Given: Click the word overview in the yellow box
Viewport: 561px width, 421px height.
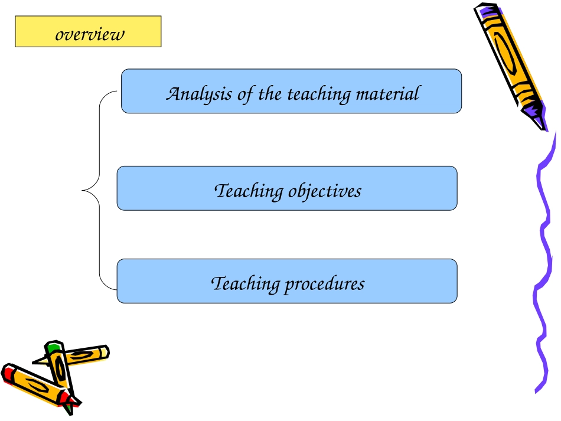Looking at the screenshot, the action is tap(89, 34).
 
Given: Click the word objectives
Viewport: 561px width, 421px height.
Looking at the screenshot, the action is tap(325, 191).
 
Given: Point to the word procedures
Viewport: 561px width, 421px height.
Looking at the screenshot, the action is tap(325, 285).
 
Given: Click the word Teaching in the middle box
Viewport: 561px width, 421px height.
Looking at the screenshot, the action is tap(248, 191).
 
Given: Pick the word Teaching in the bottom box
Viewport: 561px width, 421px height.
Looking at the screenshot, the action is tap(245, 285).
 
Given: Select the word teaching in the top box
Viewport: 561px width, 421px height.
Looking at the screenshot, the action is tap(319, 94).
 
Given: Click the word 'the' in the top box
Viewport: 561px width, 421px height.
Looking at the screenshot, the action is tap(270, 94).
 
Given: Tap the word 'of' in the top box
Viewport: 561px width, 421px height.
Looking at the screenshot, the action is tap(245, 94).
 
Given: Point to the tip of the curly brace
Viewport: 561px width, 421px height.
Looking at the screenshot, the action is tap(82, 190).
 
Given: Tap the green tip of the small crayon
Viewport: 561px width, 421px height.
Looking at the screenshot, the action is tap(53, 346).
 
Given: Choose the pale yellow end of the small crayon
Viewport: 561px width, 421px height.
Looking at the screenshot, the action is tap(105, 353).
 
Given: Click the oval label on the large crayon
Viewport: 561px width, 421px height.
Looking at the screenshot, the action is tap(505, 54).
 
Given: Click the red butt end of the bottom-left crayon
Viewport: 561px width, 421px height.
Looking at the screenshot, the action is tap(7, 373).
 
